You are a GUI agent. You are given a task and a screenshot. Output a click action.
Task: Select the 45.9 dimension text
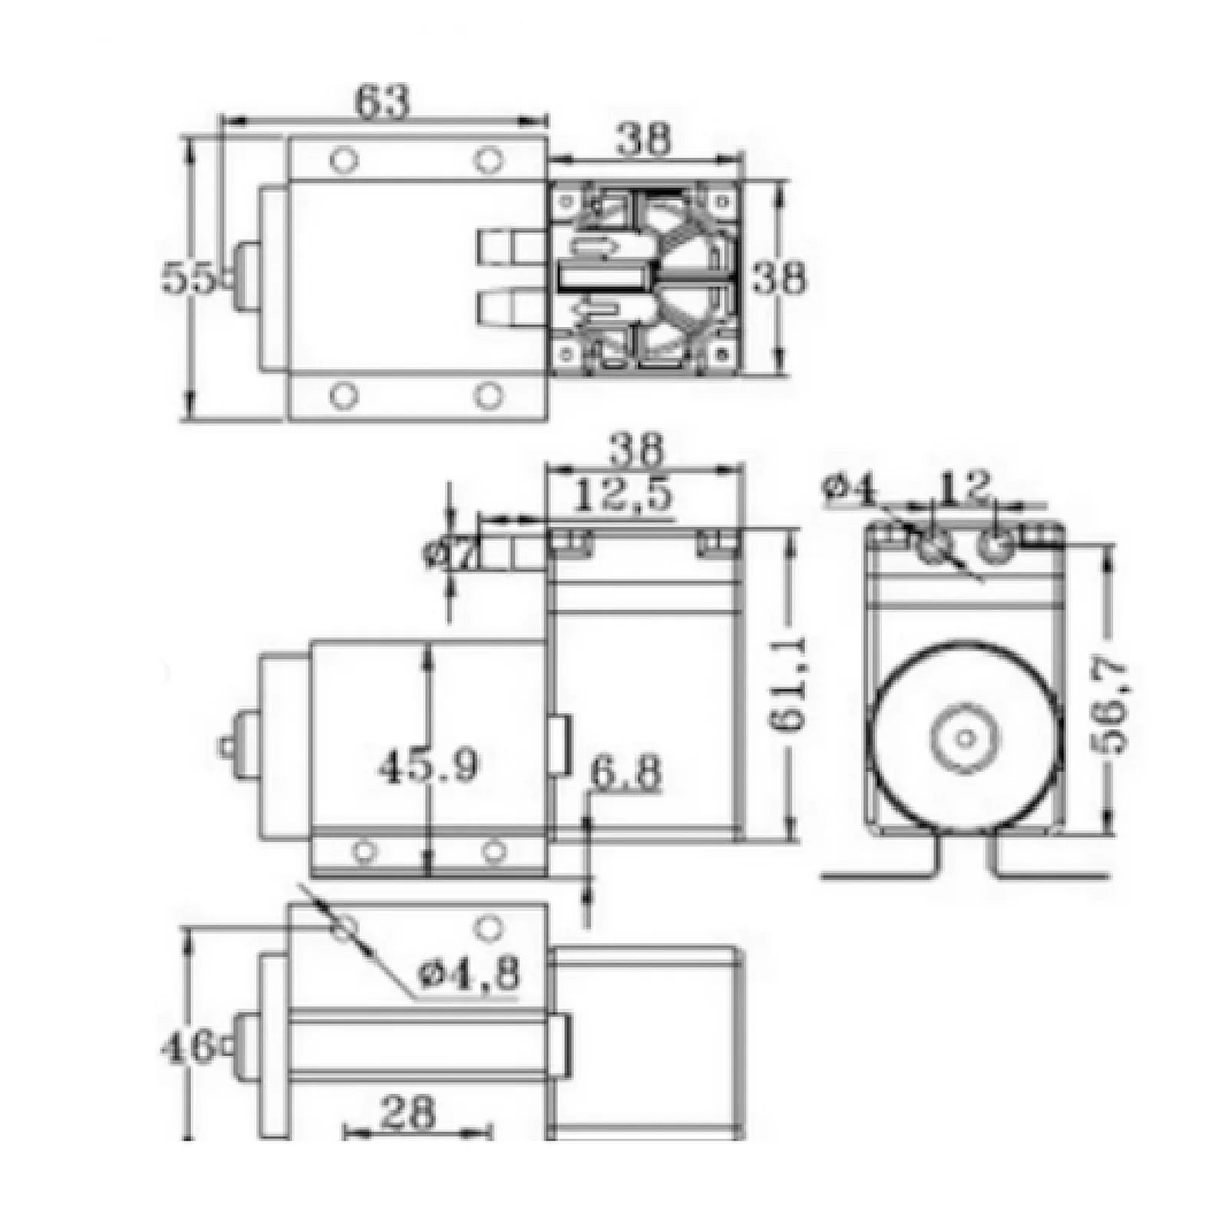tap(428, 765)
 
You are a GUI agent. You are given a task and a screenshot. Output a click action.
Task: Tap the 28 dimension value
tap(406, 1112)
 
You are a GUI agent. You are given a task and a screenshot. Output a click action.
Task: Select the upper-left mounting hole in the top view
tap(343, 160)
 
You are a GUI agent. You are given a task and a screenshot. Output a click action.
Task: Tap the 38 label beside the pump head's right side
tap(779, 278)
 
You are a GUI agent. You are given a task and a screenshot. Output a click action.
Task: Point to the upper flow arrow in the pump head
tap(599, 247)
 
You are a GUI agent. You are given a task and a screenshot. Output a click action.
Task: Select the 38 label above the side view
tap(642, 451)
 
